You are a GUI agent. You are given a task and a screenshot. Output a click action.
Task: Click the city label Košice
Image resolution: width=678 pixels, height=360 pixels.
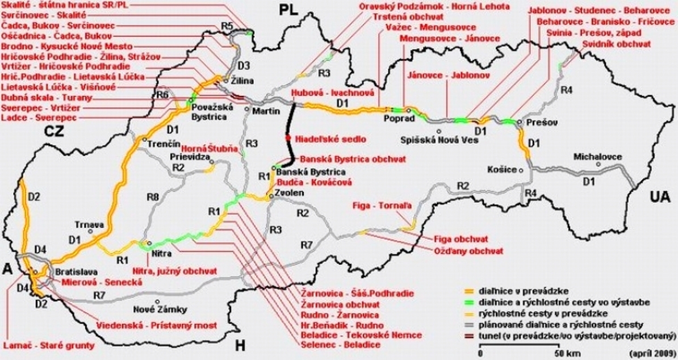(502, 169)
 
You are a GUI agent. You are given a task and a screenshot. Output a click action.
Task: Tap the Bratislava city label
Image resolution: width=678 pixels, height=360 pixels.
(74, 271)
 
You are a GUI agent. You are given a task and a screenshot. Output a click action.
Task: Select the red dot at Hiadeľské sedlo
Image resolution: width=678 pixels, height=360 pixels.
(288, 138)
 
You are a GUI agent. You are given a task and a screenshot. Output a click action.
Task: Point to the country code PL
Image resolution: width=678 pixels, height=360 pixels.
(288, 11)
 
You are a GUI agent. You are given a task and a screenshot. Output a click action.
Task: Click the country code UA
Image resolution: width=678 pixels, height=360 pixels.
(661, 196)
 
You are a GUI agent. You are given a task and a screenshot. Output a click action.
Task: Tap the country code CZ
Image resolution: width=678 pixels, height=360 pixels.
(55, 132)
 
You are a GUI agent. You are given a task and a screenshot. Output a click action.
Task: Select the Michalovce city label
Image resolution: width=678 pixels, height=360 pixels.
(597, 157)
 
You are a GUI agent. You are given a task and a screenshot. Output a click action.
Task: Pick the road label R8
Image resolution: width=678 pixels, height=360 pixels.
(152, 197)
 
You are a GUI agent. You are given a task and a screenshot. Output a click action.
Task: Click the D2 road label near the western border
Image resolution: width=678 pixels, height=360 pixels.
(34, 197)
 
